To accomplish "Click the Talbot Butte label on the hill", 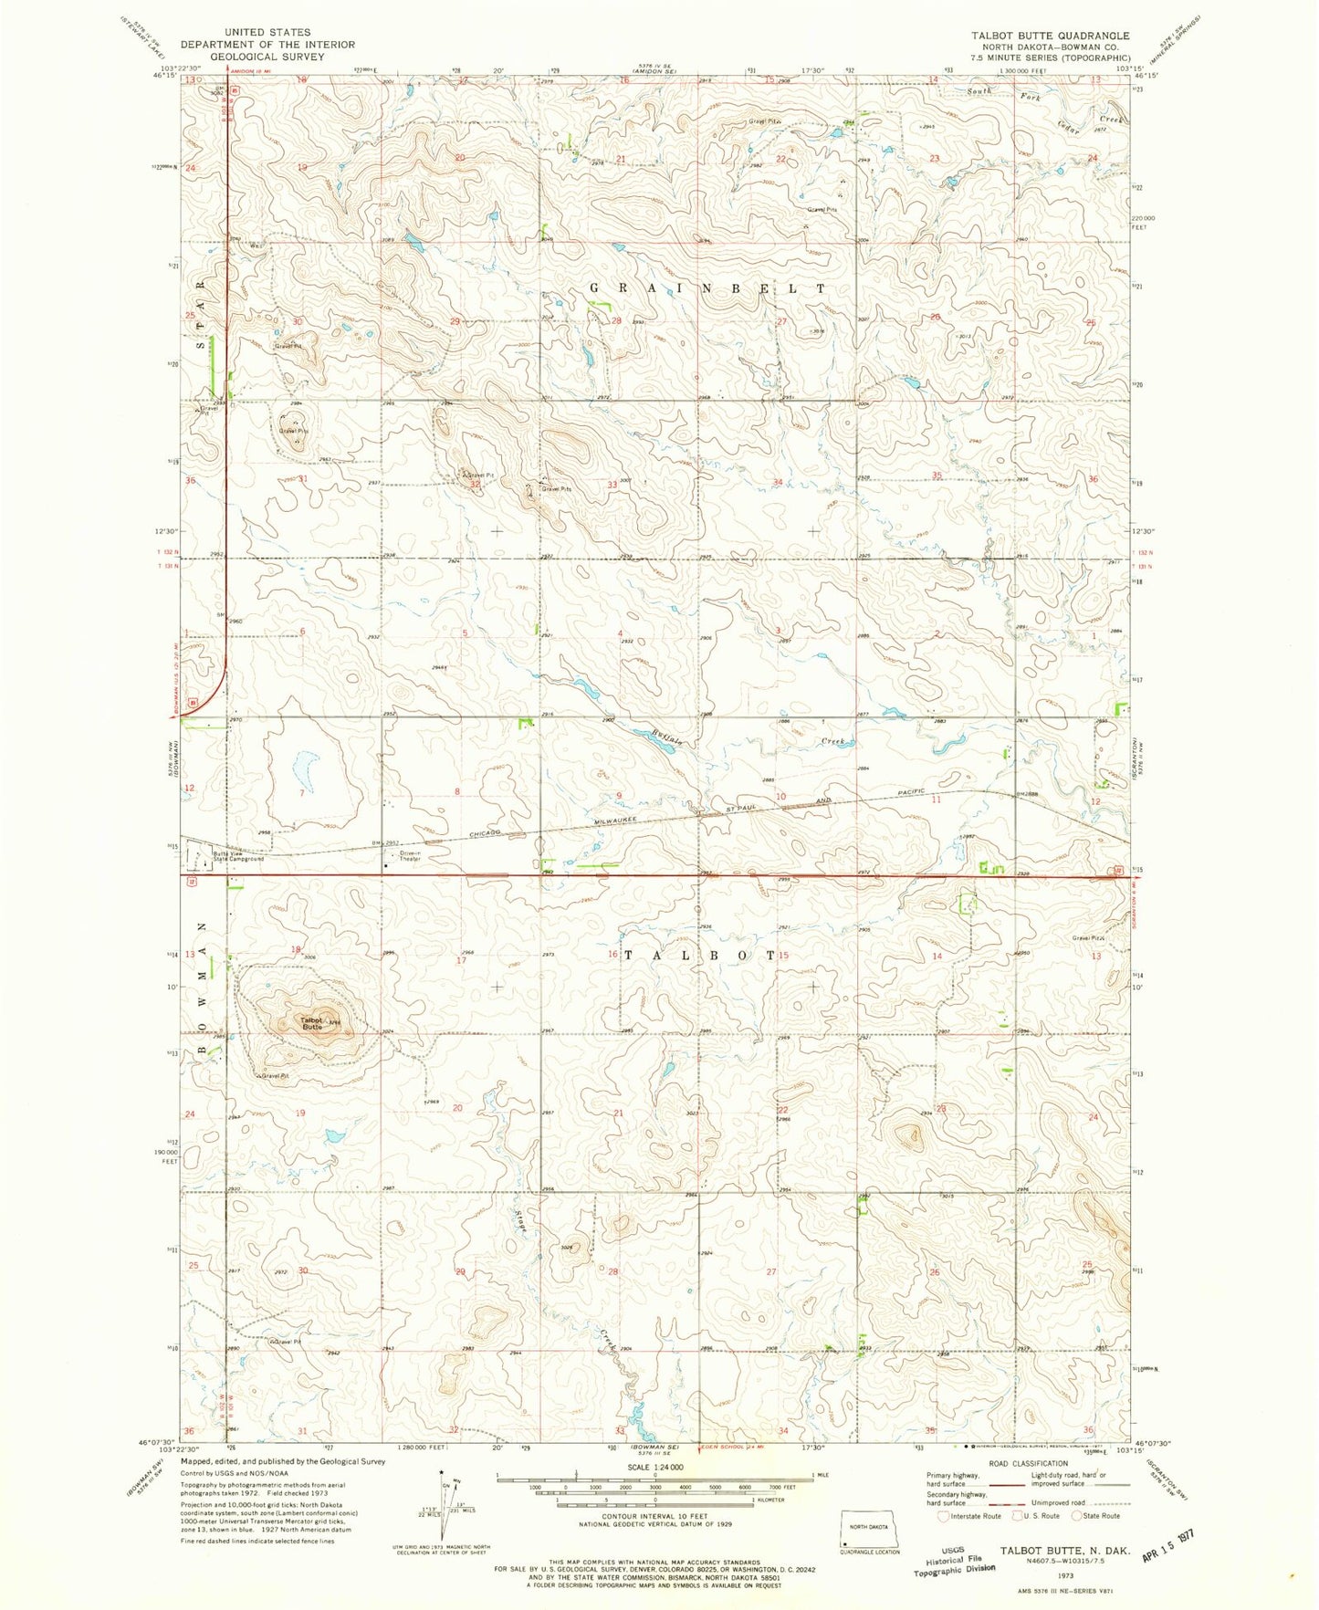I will (x=311, y=1023).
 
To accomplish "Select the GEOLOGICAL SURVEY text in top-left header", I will (x=267, y=57).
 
